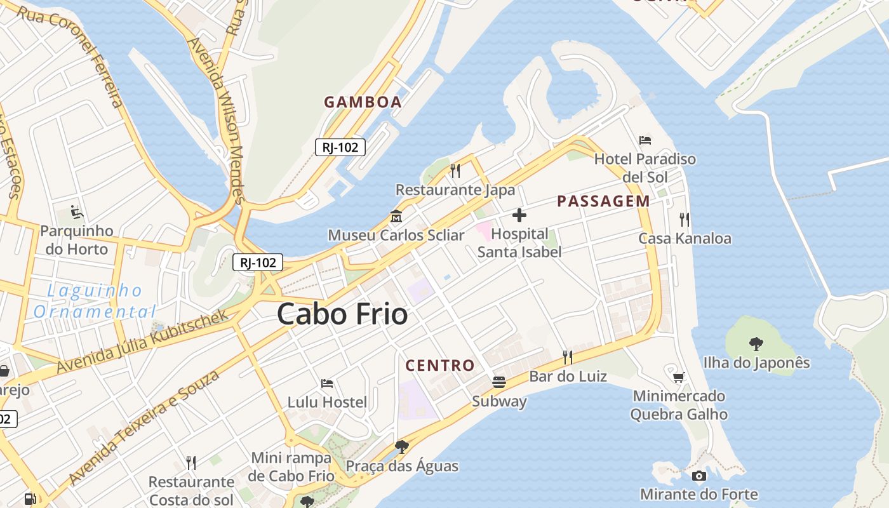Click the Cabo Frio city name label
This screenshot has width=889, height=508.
[342, 314]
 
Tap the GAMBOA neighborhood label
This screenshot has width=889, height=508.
[363, 102]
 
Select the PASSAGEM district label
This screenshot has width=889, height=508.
[603, 201]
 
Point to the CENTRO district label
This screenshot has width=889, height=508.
[440, 366]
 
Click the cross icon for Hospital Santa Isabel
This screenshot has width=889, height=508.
[519, 215]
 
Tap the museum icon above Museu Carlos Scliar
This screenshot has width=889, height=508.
[396, 217]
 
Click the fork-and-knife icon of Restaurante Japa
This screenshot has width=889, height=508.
[455, 170]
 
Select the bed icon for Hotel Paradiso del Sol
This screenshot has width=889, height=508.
[645, 140]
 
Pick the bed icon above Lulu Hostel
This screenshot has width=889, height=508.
[327, 383]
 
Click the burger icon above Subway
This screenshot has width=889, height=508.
[499, 382]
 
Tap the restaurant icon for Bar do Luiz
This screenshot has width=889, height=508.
[568, 358]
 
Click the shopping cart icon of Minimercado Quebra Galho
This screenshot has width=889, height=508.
[679, 377]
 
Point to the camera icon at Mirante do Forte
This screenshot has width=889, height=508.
[698, 476]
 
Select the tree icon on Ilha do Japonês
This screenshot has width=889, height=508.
[756, 344]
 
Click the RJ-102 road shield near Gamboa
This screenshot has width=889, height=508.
[340, 147]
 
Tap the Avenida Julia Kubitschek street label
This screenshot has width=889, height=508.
[143, 342]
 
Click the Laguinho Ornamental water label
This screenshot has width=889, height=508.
[95, 301]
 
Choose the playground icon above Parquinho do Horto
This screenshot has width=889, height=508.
[77, 212]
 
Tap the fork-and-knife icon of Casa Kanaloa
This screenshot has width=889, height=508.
[684, 220]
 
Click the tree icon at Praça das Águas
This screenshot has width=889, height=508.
[401, 447]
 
